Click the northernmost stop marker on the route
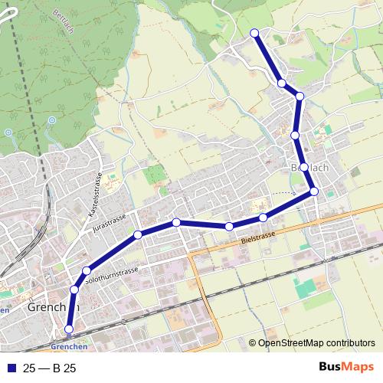click(x=254, y=32)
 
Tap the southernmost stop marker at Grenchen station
click(x=69, y=329)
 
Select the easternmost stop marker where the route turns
click(x=314, y=191)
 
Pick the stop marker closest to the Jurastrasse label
click(x=138, y=234)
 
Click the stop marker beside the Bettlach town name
click(x=304, y=167)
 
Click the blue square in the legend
click(x=10, y=368)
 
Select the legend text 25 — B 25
click(x=50, y=368)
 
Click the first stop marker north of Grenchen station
click(x=74, y=290)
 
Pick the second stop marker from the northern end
click(x=282, y=83)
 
